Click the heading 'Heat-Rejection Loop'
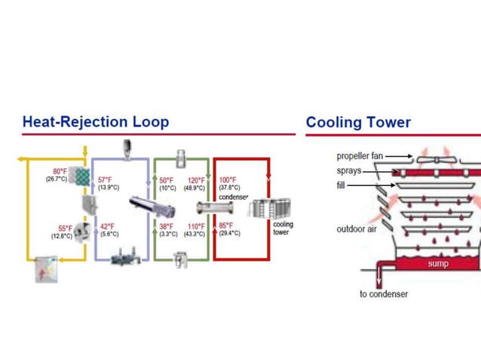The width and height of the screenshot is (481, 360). pyautogui.click(x=95, y=122)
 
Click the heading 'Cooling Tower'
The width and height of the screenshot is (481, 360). pyautogui.click(x=358, y=122)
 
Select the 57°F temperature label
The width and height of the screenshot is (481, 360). pyautogui.click(x=106, y=180)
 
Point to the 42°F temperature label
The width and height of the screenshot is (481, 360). pyautogui.click(x=108, y=226)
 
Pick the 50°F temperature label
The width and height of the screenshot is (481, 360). pyautogui.click(x=167, y=180)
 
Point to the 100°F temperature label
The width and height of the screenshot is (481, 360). pyautogui.click(x=228, y=180)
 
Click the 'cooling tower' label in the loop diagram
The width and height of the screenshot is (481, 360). pyautogui.click(x=283, y=228)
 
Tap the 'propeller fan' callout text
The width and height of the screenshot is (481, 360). pyautogui.click(x=360, y=157)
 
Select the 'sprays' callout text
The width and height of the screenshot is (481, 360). pyautogui.click(x=348, y=171)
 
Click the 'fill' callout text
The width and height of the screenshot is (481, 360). pyautogui.click(x=342, y=185)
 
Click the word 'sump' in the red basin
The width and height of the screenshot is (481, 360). pyautogui.click(x=438, y=264)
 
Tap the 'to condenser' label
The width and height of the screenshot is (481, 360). pyautogui.click(x=383, y=294)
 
